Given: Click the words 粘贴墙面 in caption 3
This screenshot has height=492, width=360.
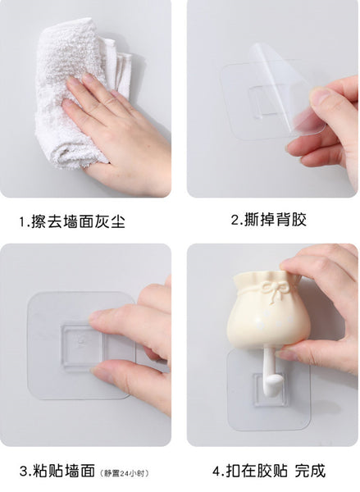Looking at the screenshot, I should (66, 471).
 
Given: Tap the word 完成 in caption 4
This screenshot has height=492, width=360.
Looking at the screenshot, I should (309, 471).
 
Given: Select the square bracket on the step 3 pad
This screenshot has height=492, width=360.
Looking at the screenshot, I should (82, 344).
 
